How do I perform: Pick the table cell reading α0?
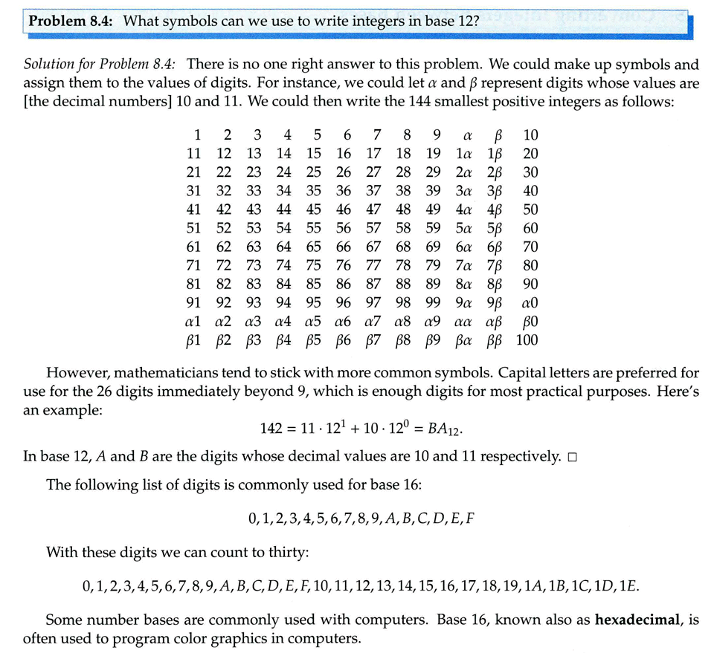pyautogui.click(x=530, y=303)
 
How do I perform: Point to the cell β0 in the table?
pyautogui.click(x=530, y=322)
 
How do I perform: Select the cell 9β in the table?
pyautogui.click(x=495, y=303)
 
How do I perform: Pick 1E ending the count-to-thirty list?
pyautogui.click(x=628, y=586)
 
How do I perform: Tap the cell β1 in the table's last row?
pyautogui.click(x=193, y=340)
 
